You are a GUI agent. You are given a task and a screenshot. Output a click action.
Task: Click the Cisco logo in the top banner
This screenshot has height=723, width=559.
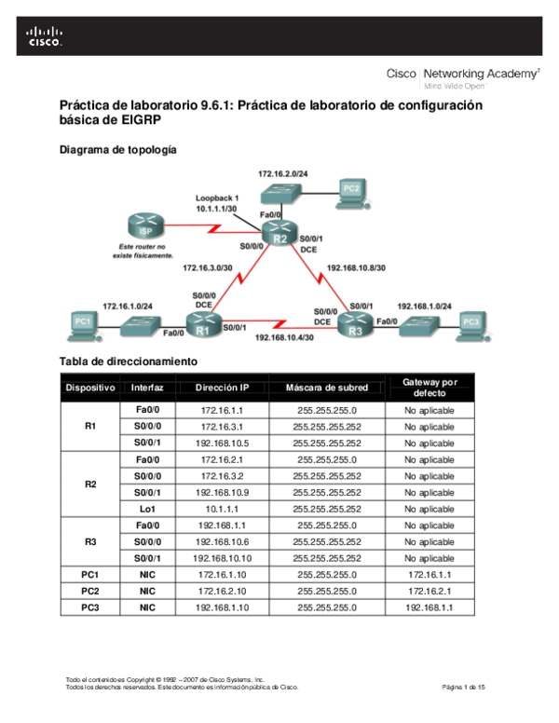44,36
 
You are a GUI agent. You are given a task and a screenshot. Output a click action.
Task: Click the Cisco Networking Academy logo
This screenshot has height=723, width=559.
463,77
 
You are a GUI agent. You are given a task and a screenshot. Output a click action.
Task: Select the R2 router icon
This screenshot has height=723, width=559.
278,234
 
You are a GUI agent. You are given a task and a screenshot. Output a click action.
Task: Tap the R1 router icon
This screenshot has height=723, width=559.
202,324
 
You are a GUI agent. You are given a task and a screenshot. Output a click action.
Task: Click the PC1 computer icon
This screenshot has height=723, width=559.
84,323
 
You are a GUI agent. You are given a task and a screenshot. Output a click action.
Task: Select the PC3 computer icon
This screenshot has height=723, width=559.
471,323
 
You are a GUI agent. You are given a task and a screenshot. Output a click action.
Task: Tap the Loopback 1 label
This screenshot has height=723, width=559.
217,198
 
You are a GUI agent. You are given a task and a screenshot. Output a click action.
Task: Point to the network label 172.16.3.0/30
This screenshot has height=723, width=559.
209,267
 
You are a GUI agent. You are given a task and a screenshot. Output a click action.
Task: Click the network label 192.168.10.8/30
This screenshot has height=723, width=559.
356,267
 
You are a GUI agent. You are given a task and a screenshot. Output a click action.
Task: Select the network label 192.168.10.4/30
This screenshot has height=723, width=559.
285,337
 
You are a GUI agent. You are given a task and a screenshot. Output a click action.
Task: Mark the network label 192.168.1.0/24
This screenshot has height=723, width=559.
424,306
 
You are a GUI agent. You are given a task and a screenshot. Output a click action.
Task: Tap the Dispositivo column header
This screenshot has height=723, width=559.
90,388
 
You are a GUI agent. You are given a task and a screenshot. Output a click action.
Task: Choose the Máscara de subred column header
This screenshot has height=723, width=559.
326,388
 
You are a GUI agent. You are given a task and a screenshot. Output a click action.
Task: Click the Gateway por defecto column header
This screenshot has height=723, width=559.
429,388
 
